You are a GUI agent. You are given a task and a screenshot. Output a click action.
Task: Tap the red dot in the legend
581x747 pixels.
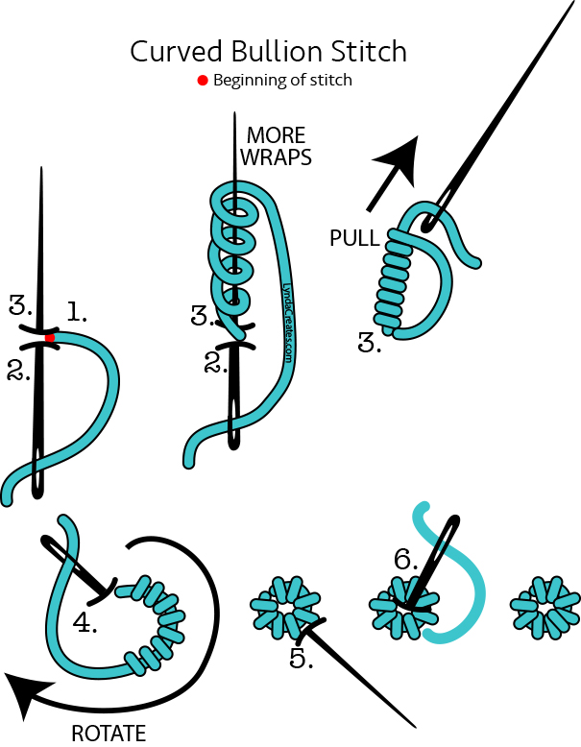[203, 80]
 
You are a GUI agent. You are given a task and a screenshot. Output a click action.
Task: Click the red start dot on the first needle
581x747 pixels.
[50, 338]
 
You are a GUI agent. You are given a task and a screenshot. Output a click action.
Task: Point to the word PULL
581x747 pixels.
[354, 237]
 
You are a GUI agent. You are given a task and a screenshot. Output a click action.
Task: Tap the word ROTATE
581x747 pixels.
[109, 734]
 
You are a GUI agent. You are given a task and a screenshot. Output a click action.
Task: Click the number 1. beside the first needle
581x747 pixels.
[76, 310]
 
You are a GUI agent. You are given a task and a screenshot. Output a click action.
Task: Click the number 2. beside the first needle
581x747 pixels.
[18, 371]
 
